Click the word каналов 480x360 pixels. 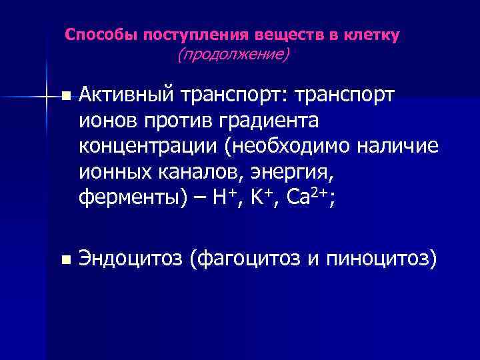coord(209,171)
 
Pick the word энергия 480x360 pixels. coord(291,173)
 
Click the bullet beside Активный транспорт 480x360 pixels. coord(64,97)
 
